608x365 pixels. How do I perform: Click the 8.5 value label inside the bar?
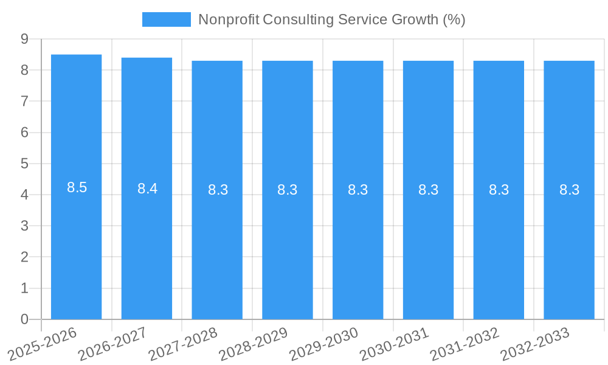pos(77,187)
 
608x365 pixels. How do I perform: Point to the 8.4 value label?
pos(147,189)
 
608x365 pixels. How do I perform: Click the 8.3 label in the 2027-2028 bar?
pos(218,190)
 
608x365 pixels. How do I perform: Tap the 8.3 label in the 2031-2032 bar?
pos(499,190)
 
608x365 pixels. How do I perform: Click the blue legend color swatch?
pos(166,19)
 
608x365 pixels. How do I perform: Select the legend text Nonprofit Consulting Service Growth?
pos(331,19)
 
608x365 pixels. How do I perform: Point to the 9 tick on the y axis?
pos(25,39)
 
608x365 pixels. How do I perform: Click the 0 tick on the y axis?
pos(25,319)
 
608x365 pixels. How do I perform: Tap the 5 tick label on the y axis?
pos(25,164)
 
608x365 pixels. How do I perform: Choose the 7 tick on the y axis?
pos(25,101)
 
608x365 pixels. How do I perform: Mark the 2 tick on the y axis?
pos(25,257)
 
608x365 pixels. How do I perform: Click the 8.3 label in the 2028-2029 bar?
pos(287,190)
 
